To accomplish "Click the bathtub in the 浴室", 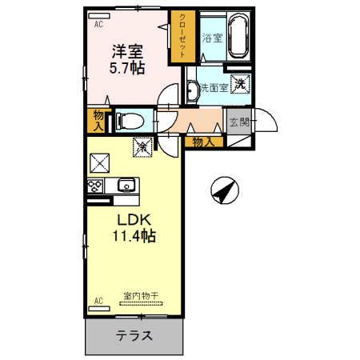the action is tap(238, 36).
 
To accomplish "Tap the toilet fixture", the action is tap(130, 121).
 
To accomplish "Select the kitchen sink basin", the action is tap(126, 185).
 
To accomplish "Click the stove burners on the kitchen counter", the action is tap(95, 186).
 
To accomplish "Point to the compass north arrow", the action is tap(225, 190).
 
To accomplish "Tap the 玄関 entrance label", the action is tap(239, 122).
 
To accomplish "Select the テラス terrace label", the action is tap(134, 335).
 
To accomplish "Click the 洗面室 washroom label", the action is tap(214, 87).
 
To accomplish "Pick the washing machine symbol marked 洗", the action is tap(241, 84).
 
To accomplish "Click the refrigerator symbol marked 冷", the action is tap(143, 147).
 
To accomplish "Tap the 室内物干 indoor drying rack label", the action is tap(141, 295).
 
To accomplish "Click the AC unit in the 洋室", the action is tap(99, 16).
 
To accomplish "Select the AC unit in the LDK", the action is tap(99, 309).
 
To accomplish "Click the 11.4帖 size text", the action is tap(134, 236).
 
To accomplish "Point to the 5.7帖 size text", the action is tap(127, 68).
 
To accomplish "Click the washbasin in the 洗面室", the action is tap(193, 91).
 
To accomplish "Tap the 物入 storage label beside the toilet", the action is tap(98, 121).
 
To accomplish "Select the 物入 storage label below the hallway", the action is tap(204, 142).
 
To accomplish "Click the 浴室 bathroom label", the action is tap(212, 38).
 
